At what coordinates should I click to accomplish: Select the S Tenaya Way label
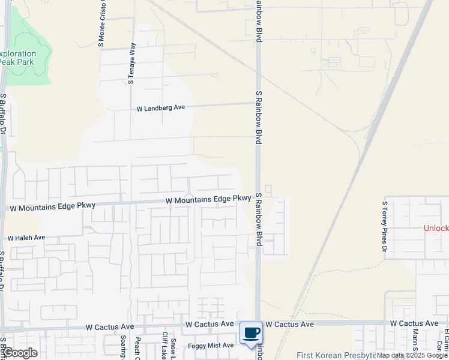click(x=133, y=62)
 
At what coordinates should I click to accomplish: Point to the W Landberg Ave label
click(x=161, y=108)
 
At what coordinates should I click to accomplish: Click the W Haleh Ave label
click(x=26, y=238)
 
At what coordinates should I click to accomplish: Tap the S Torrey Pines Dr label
click(x=385, y=226)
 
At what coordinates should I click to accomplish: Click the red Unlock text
click(x=436, y=228)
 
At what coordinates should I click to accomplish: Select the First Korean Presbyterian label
click(x=336, y=355)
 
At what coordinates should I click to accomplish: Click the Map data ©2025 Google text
click(x=412, y=355)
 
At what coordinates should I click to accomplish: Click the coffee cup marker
click(x=252, y=333)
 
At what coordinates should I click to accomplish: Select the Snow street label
click(x=173, y=348)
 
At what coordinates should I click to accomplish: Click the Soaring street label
click(x=122, y=347)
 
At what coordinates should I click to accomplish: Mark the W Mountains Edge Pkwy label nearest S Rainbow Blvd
click(x=208, y=199)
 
